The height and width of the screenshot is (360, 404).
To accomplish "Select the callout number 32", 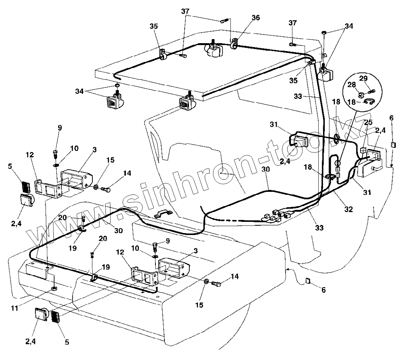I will (349, 209).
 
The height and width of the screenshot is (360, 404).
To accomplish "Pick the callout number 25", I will (368, 123).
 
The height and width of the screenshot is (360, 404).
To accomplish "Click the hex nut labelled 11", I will (54, 288).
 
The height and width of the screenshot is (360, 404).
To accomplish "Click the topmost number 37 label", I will (185, 11).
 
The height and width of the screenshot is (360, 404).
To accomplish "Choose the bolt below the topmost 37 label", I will (224, 20).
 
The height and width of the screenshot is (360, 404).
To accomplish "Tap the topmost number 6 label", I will (391, 118).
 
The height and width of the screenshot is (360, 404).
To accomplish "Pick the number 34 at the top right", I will (349, 26).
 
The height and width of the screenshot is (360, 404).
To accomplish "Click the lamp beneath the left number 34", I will (113, 101).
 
